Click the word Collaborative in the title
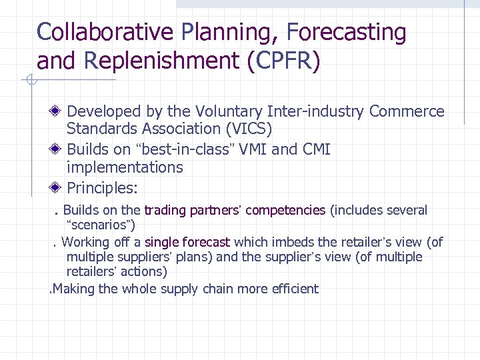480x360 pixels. pos(105,31)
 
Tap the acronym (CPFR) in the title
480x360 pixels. pos(284,61)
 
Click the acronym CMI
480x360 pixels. pos(315,149)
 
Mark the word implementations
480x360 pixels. pos(125,167)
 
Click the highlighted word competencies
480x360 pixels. pos(285,211)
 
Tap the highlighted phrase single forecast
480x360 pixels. pos(187,242)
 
